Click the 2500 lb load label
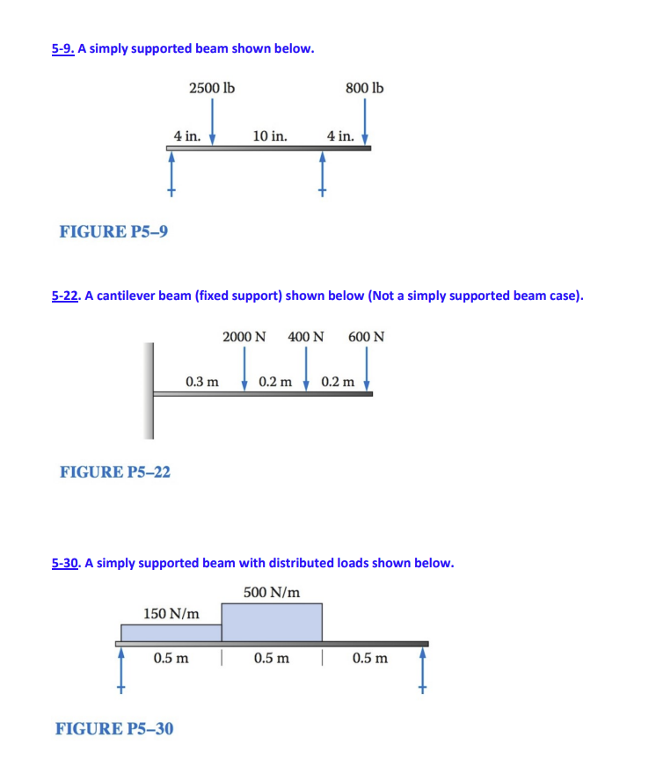211,88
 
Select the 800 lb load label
365,88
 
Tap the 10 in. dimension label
269,136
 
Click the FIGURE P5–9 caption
114,231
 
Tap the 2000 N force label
244,337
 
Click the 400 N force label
305,337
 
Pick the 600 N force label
366,337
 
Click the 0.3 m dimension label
202,382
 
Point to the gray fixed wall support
149,391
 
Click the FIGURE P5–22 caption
115,472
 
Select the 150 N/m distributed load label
171,612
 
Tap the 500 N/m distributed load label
272,592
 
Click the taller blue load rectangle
272,622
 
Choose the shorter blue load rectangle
171,632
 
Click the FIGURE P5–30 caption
114,728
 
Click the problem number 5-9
62,48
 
